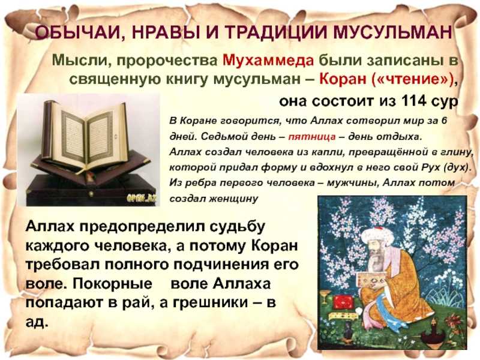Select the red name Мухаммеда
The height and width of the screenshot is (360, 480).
point(268,61)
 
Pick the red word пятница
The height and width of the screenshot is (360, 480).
point(312,137)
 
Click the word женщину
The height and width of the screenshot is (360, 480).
point(233,199)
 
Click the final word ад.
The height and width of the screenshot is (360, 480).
point(37,322)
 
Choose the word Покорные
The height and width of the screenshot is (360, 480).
point(112,284)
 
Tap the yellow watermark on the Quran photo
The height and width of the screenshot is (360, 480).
point(142,199)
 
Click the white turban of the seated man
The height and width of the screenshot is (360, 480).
point(377,236)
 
